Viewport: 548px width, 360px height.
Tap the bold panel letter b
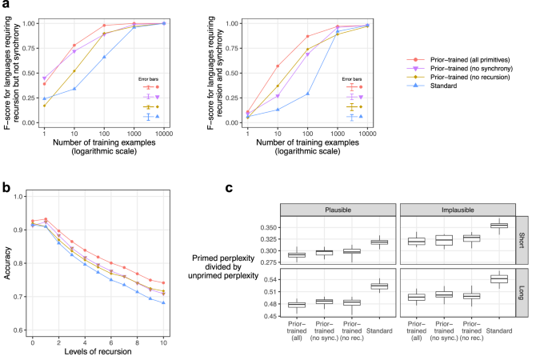[x=6, y=187]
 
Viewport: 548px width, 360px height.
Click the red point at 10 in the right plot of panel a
[x=278, y=66]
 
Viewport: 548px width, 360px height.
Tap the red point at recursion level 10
[x=163, y=282]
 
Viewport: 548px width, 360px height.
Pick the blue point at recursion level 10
[x=163, y=302]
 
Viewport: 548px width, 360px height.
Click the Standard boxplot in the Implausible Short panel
[x=498, y=225]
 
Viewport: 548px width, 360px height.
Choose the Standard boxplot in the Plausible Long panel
[x=379, y=286]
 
